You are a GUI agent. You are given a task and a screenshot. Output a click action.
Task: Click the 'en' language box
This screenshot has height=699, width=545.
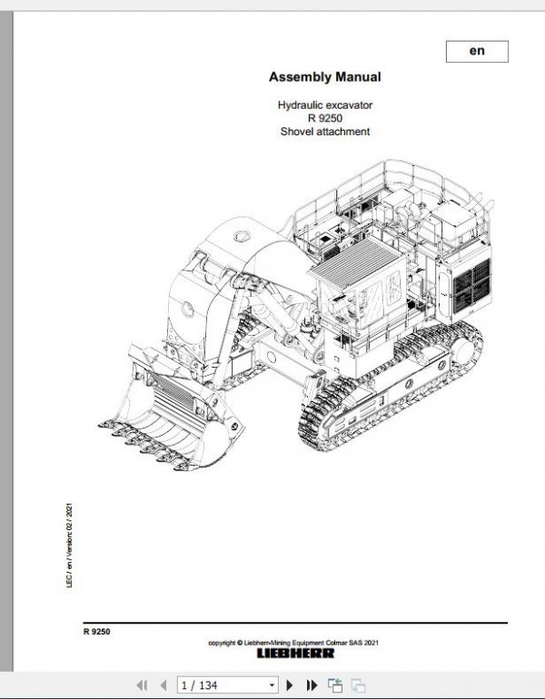[477, 52]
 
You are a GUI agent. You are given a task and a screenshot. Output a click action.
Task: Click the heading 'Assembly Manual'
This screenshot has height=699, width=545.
[324, 77]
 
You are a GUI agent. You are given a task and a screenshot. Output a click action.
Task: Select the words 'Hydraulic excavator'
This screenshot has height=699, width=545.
[324, 105]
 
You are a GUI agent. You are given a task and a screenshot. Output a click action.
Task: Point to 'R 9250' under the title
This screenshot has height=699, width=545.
[324, 119]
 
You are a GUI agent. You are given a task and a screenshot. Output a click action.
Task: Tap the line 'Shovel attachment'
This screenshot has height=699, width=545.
[324, 133]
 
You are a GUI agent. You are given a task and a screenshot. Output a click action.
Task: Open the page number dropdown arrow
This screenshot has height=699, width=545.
[273, 685]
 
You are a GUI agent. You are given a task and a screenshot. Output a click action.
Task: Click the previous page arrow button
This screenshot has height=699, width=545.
[163, 685]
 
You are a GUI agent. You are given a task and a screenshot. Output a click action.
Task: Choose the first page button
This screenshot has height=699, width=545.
[142, 685]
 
